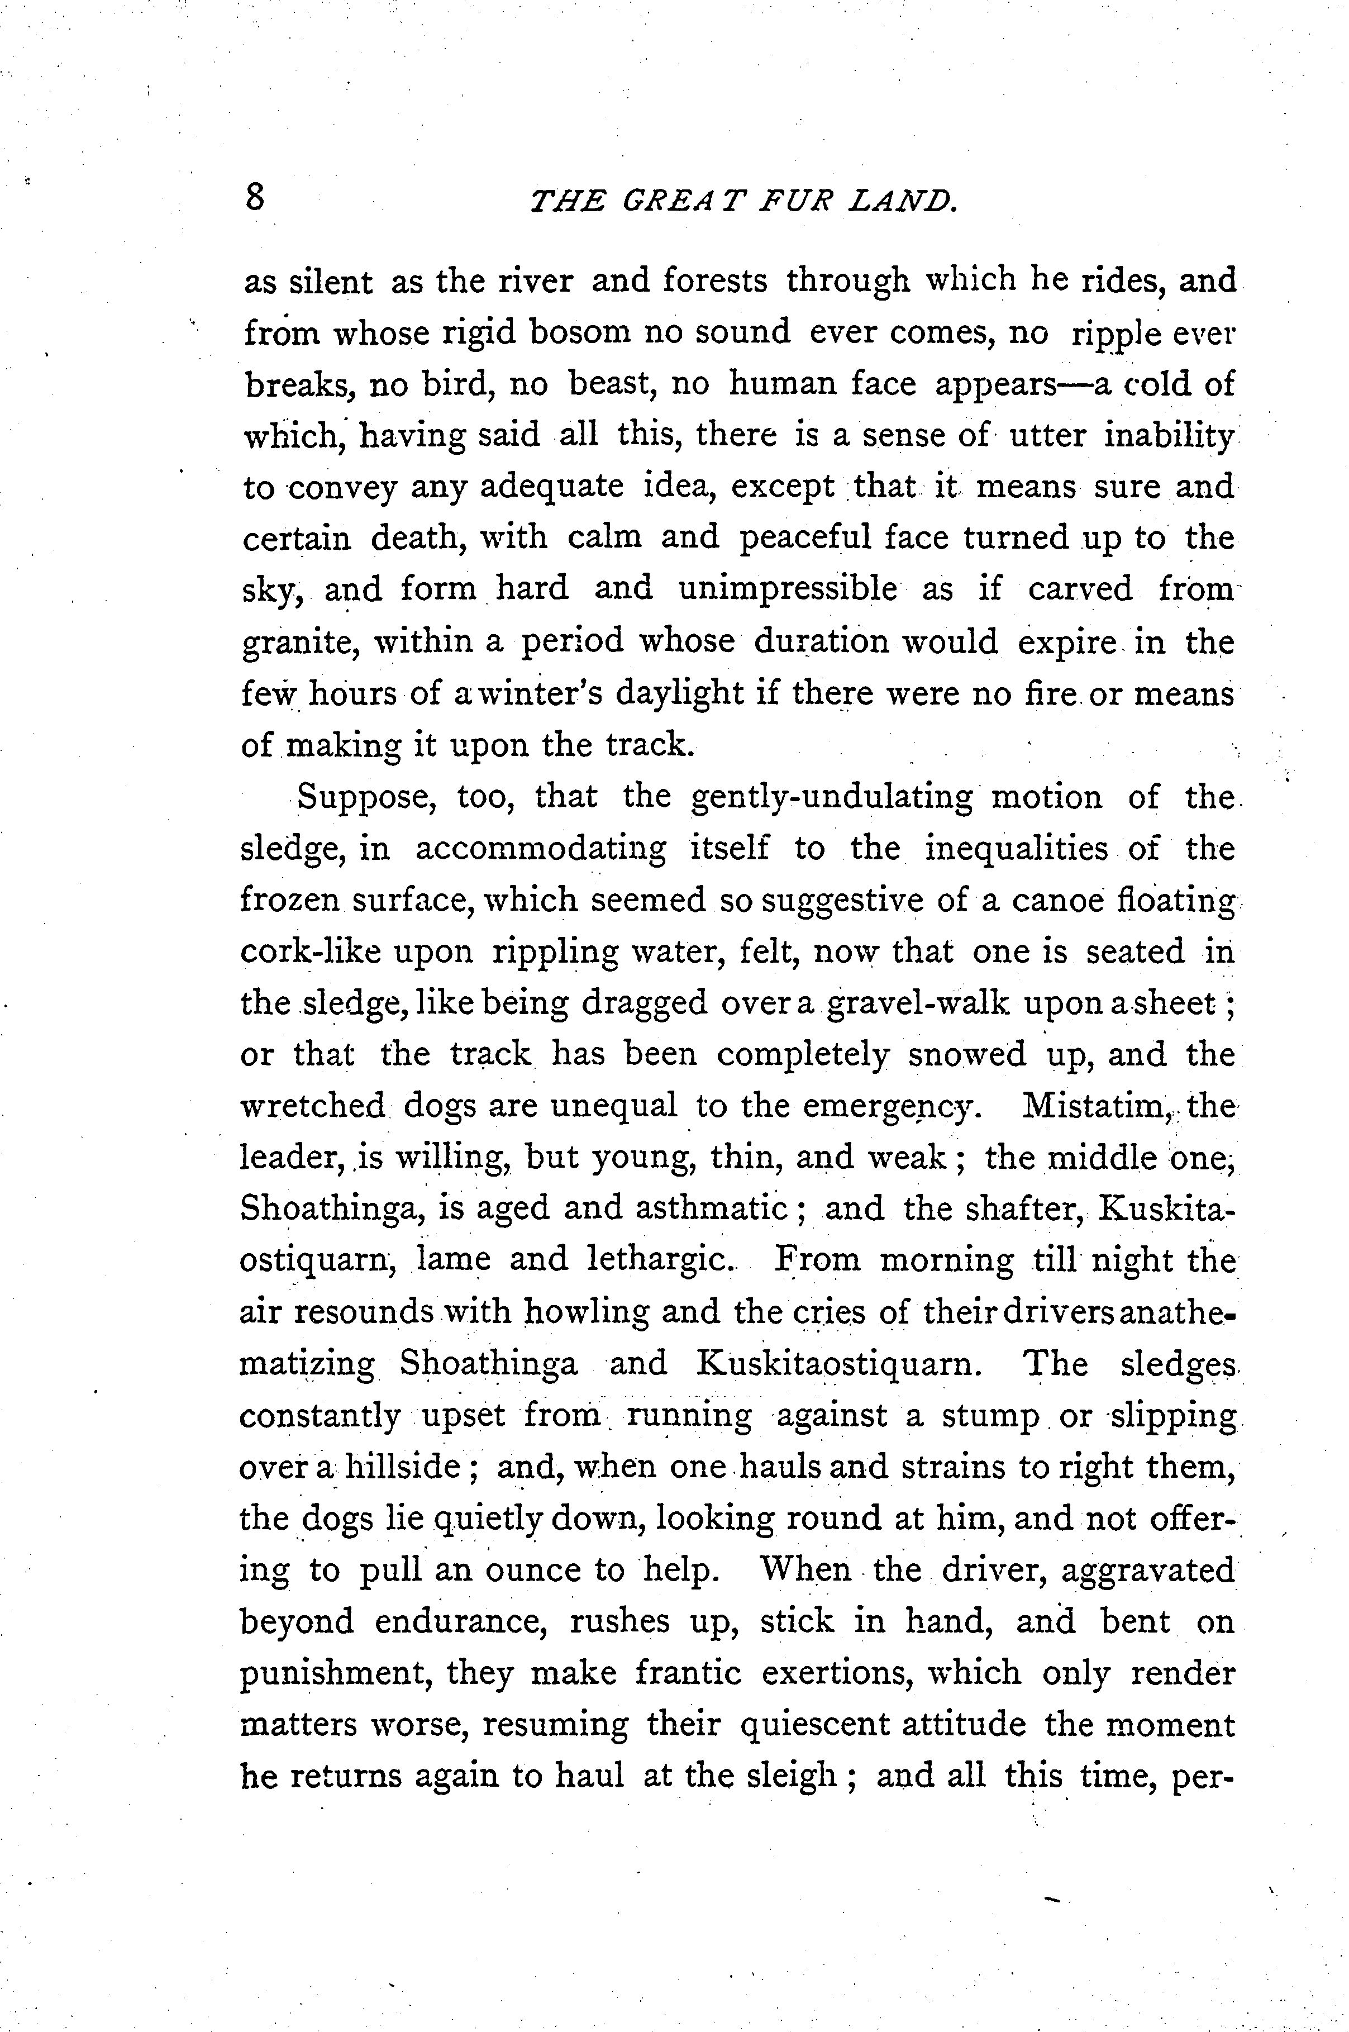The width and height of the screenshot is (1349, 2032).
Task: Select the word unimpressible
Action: [x=787, y=589]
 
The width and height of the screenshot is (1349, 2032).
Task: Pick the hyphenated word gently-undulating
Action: [x=831, y=797]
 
